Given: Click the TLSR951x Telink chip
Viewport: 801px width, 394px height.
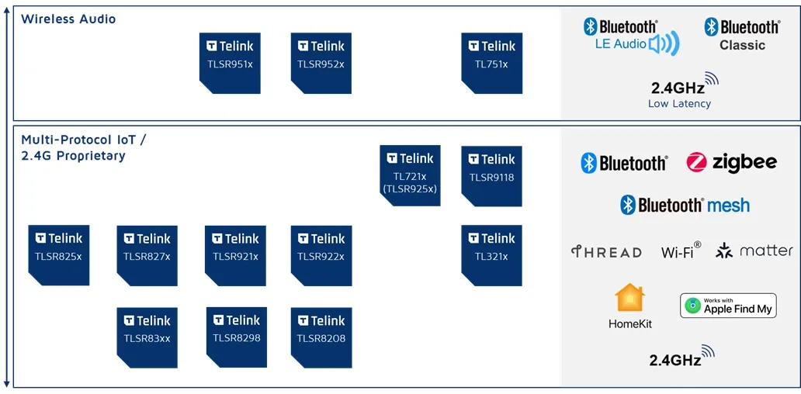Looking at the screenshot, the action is [230, 64].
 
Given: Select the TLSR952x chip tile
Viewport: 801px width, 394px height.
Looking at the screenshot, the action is [321, 64].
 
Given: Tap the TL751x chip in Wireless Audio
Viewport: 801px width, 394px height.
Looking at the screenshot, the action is [492, 64].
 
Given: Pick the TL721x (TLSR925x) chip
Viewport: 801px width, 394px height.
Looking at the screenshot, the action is [411, 175].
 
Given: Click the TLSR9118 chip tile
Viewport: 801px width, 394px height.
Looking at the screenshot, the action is [492, 176].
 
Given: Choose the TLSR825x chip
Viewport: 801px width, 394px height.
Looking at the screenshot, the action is [59, 255].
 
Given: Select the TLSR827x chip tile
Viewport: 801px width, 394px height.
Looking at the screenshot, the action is [147, 256].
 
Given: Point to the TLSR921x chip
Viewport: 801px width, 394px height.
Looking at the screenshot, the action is [235, 256].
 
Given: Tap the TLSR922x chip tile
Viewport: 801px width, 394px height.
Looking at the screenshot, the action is [321, 256].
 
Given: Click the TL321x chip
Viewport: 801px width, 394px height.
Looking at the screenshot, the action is [492, 255].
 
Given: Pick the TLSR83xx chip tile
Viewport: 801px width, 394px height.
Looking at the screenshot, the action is [147, 338].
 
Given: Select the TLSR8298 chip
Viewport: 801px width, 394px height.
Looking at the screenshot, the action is [237, 337].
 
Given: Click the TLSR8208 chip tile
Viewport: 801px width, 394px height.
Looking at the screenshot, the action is [321, 338].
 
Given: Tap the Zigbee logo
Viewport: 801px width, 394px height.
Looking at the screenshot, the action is [731, 163].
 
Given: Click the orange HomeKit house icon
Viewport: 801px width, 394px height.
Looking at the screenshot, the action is [630, 298].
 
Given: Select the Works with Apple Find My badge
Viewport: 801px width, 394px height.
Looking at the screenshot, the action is [728, 306].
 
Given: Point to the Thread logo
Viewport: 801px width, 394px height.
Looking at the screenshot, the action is [606, 251].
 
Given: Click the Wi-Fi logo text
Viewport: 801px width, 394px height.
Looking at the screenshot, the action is [681, 250].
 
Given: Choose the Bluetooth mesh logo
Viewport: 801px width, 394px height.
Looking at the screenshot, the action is [685, 206].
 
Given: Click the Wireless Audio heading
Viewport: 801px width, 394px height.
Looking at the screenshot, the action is [68, 19].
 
